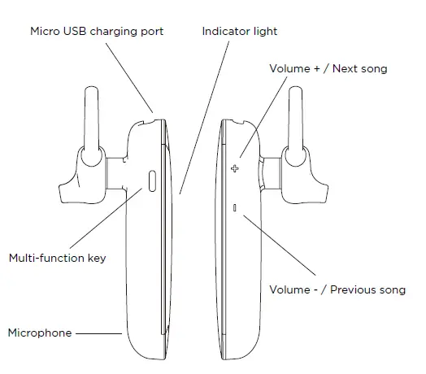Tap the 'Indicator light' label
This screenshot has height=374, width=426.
[240, 32]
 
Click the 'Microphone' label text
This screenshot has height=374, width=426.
[40, 333]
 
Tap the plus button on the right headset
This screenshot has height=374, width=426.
[236, 169]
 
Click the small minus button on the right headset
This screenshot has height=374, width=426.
[235, 209]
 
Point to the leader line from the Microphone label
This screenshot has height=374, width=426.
[100, 333]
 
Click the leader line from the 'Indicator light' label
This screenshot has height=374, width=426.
[202, 114]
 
